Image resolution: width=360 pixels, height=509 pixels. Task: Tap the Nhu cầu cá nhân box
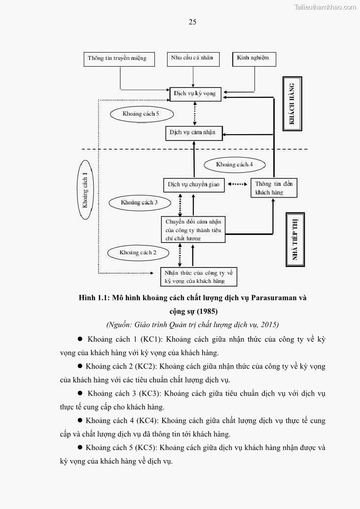(193, 58)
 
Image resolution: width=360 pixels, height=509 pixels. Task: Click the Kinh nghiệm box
(254, 58)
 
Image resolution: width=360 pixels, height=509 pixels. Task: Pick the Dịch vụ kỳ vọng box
(196, 94)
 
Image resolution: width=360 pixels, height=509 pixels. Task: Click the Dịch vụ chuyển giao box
(193, 185)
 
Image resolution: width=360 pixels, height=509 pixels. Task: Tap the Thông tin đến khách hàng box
(274, 188)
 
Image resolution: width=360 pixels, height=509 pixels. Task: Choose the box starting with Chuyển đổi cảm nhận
(193, 229)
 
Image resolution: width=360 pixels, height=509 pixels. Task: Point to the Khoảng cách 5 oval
(141, 114)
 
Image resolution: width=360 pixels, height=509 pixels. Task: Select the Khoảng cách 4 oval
(234, 165)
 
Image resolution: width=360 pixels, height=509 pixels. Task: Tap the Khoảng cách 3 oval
(139, 203)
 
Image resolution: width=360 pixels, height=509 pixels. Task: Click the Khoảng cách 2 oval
(138, 252)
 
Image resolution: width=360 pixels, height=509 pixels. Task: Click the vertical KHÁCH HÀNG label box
(292, 104)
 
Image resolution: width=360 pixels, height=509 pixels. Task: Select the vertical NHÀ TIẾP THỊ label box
(295, 239)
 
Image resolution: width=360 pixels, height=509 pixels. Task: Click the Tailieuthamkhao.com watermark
(325, 7)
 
